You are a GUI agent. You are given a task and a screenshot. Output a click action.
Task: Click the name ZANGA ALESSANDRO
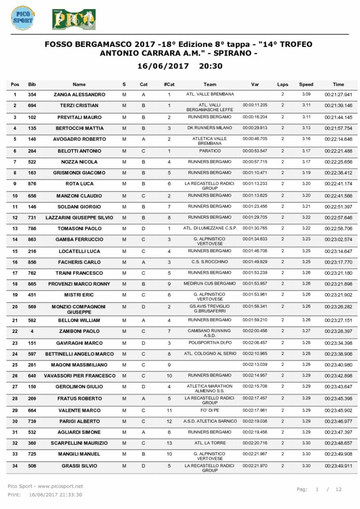[79, 95]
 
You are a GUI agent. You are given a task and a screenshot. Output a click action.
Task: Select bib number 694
[32, 105]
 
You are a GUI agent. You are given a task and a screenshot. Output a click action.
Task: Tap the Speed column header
[306, 84]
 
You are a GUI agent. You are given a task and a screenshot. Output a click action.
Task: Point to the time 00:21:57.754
[338, 128]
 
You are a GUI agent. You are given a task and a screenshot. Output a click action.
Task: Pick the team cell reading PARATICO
[209, 150]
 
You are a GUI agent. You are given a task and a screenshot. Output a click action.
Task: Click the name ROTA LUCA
[79, 183]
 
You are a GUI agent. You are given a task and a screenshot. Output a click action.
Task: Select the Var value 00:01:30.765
[255, 228]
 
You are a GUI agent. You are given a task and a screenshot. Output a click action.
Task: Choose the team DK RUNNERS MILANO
[209, 128]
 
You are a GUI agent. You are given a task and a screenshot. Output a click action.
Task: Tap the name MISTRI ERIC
[79, 295]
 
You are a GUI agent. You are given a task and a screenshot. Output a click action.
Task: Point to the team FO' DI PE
[209, 410]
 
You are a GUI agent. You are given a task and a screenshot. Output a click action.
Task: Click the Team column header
[209, 84]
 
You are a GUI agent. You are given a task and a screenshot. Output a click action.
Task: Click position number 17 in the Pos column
[15, 272]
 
